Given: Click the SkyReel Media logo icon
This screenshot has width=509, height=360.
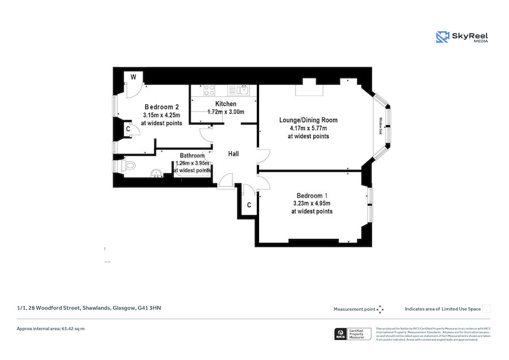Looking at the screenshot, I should click(442, 37).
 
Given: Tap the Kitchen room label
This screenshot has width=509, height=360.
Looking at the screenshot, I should click(226, 104).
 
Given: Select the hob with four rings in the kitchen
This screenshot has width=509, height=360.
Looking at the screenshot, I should click(209, 89).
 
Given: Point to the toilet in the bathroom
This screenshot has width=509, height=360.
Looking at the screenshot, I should click(129, 166).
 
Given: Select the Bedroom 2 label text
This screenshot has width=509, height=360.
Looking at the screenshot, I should click(162, 107).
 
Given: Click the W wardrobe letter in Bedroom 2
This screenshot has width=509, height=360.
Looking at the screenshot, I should click(133, 77).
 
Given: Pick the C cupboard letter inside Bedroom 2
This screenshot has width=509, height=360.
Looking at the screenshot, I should click(128, 129).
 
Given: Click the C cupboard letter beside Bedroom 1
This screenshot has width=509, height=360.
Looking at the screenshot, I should click(249, 205).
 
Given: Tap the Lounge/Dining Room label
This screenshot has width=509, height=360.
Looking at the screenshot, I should click(308, 120).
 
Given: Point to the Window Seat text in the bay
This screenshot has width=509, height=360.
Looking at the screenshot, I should click(381, 126).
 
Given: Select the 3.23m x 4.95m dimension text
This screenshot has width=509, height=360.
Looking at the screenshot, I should click(312, 203).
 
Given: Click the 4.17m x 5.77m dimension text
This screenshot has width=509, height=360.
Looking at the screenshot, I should click(308, 128).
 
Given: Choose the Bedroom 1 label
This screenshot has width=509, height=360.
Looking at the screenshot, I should click(312, 195).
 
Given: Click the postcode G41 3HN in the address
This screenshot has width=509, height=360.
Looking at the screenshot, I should click(153, 308).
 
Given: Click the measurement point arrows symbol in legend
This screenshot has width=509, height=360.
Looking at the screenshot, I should click(381, 309).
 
